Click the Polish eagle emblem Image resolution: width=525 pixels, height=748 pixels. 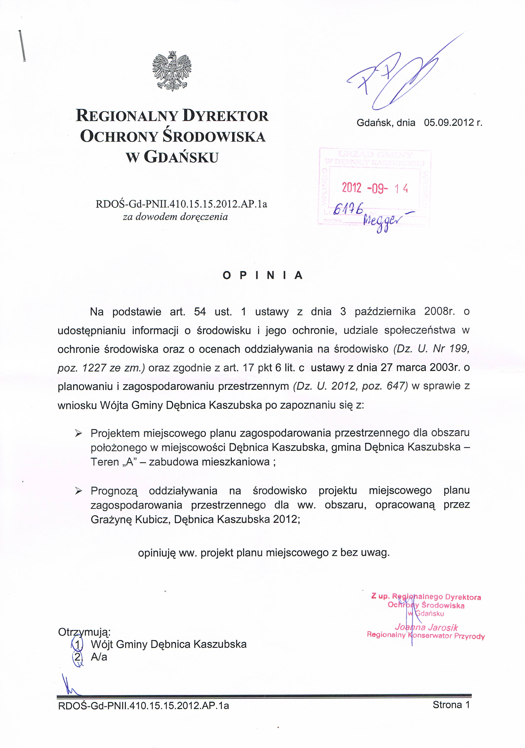(x=172, y=71)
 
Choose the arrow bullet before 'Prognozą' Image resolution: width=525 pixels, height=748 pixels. (x=78, y=491)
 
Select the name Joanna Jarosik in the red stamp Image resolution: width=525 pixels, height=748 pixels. (x=426, y=627)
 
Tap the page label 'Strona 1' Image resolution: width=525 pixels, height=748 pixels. (x=451, y=705)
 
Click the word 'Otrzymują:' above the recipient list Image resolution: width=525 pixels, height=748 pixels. (x=85, y=632)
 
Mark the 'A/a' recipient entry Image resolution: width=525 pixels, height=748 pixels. (x=99, y=657)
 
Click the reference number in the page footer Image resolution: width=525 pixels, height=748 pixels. (x=143, y=706)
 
